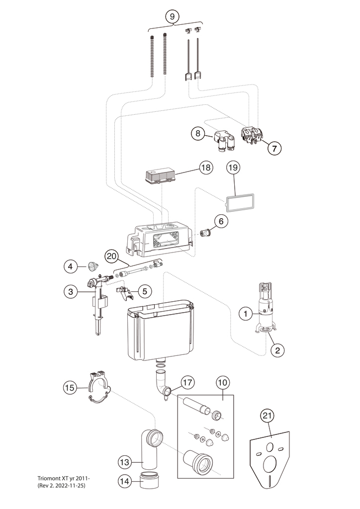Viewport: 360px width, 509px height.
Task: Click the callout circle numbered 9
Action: [173, 16]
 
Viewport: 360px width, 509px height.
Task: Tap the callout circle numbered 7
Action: [275, 148]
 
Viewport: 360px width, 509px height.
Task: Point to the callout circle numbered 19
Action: [233, 168]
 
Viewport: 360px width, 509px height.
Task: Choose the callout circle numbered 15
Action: [70, 387]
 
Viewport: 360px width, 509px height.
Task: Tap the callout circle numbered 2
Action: [277, 350]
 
